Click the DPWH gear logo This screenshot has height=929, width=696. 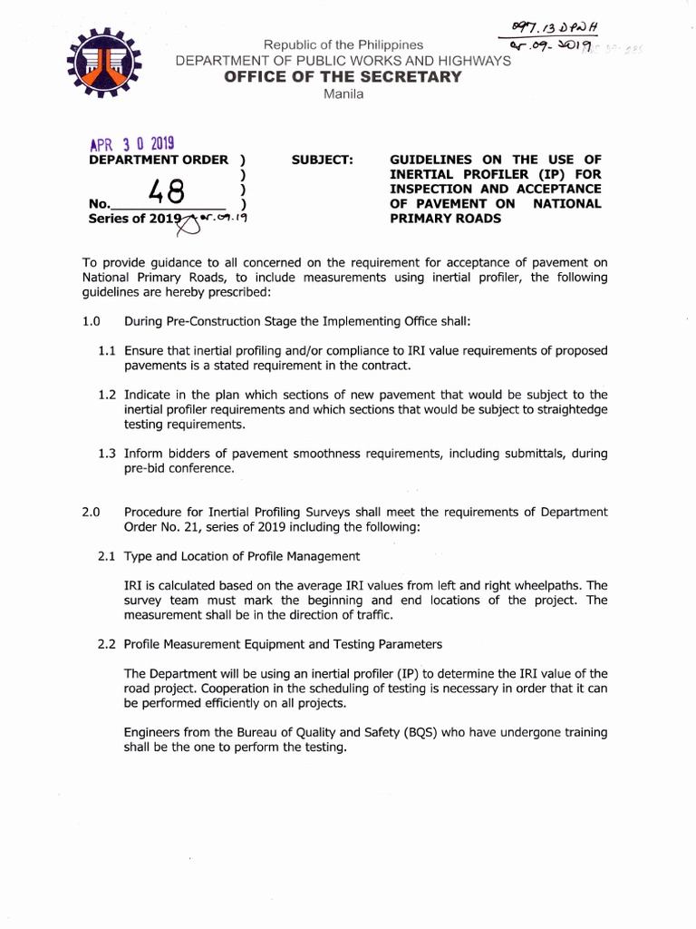tap(106, 63)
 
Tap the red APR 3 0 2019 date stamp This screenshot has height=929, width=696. tap(131, 144)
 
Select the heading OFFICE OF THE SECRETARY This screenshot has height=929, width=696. tap(343, 77)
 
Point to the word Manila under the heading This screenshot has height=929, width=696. tap(343, 94)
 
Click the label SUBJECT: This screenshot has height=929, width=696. tap(322, 160)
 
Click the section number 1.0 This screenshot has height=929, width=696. tap(91, 321)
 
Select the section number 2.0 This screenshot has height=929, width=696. tap(91, 512)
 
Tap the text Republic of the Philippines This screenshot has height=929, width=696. tap(343, 44)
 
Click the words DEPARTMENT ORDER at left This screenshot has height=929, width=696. tap(158, 160)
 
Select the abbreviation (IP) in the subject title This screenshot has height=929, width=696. tap(524, 174)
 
